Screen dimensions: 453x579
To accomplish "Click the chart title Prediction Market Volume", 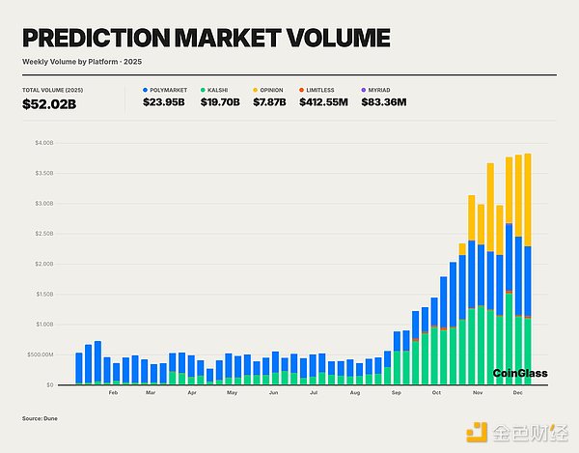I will click(x=206, y=39).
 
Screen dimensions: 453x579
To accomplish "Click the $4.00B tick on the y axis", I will click(x=44, y=143).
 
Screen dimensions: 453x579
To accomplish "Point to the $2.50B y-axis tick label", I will click(x=44, y=234).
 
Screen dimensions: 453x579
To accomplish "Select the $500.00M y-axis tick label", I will click(x=41, y=354).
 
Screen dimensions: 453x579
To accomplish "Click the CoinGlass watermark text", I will click(x=519, y=373).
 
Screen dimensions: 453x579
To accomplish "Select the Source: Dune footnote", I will click(x=40, y=418).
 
